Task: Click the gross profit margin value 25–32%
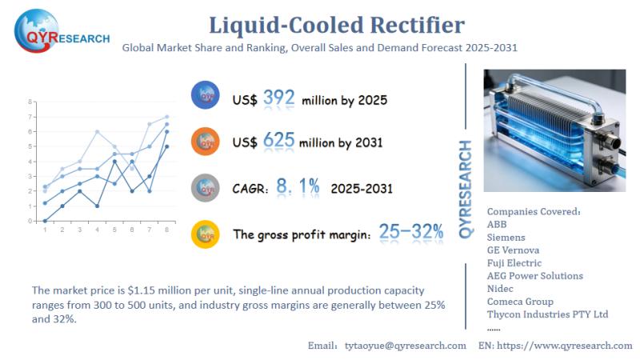[411, 233]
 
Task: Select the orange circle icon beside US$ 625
[206, 142]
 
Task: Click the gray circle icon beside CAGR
[206, 187]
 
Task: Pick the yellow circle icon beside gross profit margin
[206, 234]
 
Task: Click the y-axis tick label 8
[29, 102]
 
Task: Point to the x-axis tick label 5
[114, 230]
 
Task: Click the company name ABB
[497, 225]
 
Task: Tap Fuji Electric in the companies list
[514, 263]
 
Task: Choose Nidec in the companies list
[501, 289]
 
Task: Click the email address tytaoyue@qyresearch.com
[405, 346]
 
